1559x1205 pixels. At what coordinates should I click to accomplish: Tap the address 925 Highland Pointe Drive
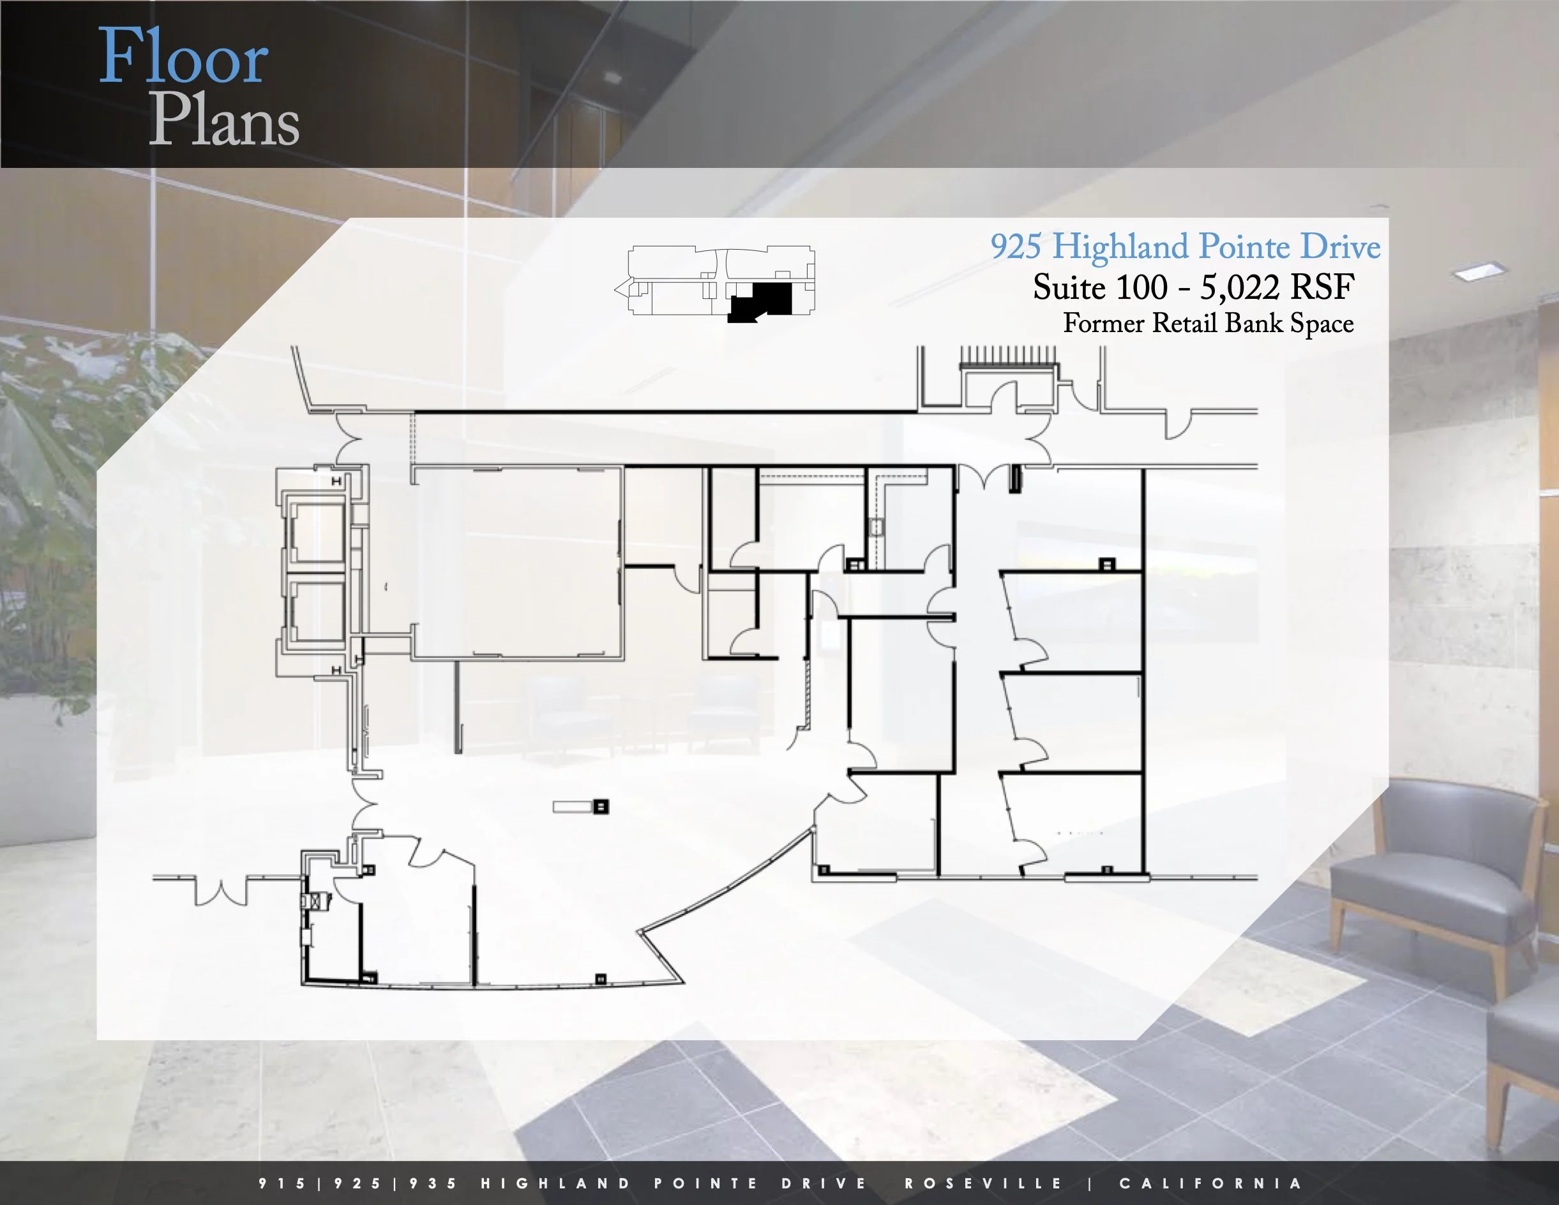1185,247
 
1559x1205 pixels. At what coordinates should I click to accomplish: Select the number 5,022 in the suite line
1239,287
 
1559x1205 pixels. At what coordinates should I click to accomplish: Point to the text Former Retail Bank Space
1208,323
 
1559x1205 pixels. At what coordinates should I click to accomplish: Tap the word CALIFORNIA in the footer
1210,1183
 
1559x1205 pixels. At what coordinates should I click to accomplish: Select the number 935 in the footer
434,1183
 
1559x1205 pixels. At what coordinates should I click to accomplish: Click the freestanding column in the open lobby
601,807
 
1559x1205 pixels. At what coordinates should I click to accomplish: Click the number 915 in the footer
283,1183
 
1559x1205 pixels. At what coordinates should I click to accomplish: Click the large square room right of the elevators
517,561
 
